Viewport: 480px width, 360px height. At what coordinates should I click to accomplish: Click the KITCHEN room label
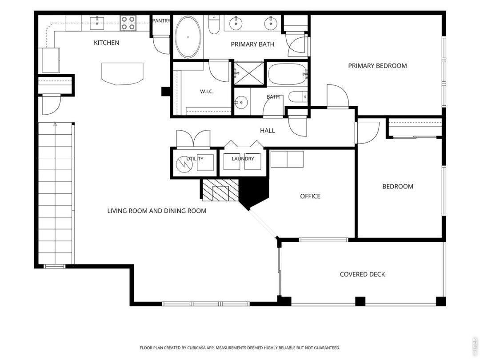click(x=106, y=43)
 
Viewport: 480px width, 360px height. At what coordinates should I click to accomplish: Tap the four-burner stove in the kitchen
click(x=128, y=23)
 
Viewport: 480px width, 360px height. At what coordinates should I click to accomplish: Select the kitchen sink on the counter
click(x=97, y=23)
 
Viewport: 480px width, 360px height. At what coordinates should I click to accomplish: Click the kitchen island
click(x=122, y=74)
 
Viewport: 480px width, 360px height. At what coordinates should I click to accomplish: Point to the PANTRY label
click(x=161, y=21)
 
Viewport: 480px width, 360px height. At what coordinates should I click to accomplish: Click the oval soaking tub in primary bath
click(x=188, y=37)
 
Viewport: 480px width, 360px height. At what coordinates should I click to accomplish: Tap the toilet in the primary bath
click(x=214, y=25)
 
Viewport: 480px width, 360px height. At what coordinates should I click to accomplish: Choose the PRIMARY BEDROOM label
click(x=377, y=65)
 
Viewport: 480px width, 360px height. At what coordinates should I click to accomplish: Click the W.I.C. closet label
click(x=207, y=91)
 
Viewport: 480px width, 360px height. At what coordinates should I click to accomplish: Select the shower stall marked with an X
click(x=248, y=73)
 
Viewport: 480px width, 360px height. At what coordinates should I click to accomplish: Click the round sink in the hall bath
click(x=241, y=102)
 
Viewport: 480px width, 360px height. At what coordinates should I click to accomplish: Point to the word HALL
click(x=267, y=131)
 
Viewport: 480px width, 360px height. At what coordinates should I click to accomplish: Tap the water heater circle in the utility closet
click(x=184, y=165)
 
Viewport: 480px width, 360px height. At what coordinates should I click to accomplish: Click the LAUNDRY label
click(x=243, y=159)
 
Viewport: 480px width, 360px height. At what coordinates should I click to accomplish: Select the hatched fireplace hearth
click(x=220, y=190)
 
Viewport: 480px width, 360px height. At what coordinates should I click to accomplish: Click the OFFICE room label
click(x=310, y=196)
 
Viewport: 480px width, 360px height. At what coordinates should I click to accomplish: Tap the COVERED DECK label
click(x=363, y=274)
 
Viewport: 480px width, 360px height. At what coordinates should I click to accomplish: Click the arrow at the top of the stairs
click(x=55, y=124)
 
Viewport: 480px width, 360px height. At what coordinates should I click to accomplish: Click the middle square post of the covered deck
click(x=360, y=301)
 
